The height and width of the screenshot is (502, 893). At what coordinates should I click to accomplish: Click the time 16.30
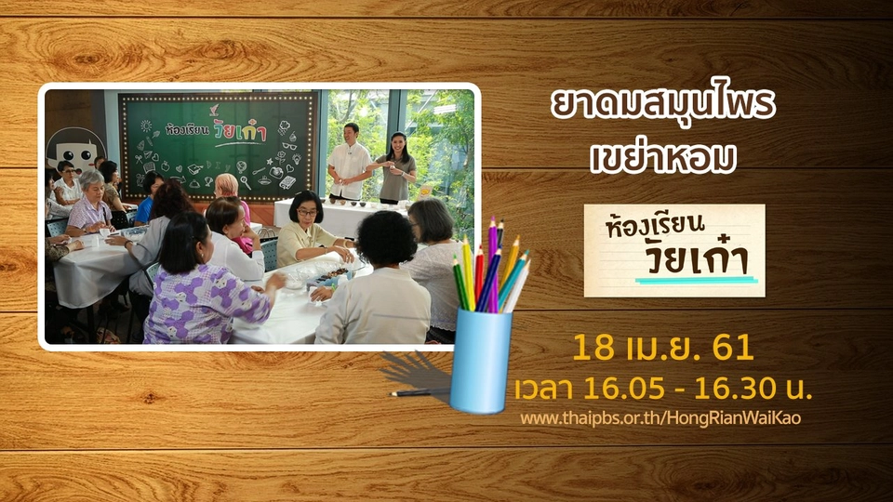pyautogui.click(x=735, y=389)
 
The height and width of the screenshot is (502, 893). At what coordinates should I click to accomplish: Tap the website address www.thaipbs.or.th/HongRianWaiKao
pyautogui.click(x=660, y=418)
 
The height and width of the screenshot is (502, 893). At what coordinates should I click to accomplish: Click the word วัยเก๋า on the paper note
pyautogui.click(x=697, y=259)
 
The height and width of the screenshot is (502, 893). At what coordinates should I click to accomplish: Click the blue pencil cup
pyautogui.click(x=481, y=361)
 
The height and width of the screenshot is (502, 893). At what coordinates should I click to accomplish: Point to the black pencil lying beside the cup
pyautogui.click(x=420, y=392)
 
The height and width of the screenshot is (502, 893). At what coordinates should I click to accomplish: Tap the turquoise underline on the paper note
pyautogui.click(x=696, y=280)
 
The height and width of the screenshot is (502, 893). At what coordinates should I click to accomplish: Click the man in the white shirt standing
pyautogui.click(x=349, y=162)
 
